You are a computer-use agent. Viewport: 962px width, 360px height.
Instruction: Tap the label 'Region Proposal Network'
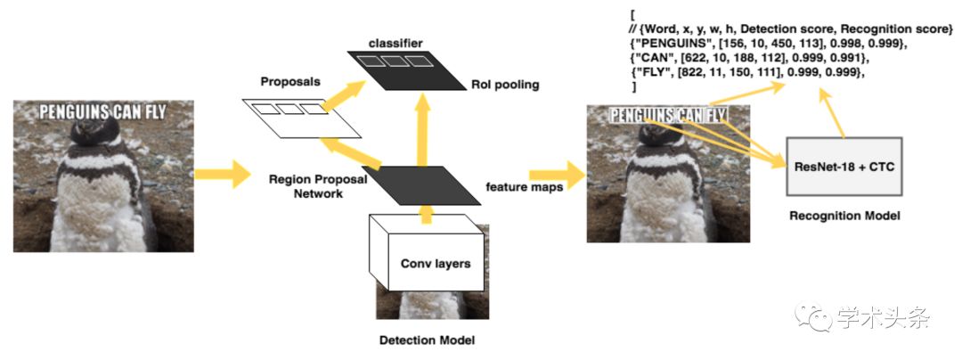click(x=306, y=186)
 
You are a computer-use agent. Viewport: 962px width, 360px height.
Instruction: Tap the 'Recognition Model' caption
click(x=844, y=215)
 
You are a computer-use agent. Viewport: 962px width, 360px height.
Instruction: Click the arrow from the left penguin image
click(x=218, y=173)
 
